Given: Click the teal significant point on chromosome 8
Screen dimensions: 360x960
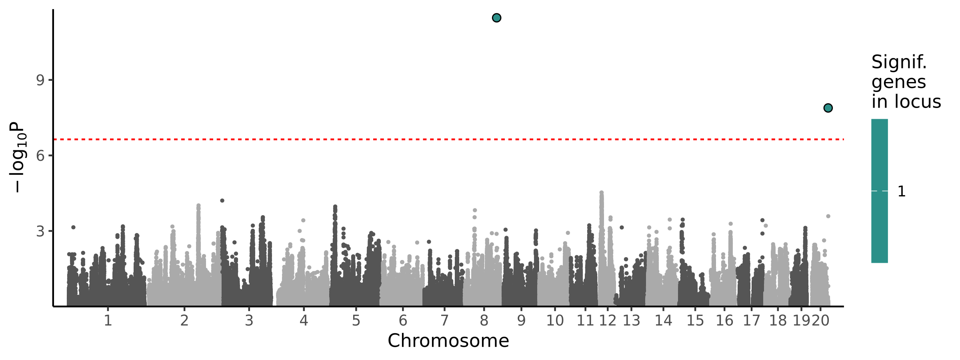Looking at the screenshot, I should click(496, 18).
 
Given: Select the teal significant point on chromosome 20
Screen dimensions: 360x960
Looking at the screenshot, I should click(828, 108).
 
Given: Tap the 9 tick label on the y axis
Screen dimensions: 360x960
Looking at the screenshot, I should click(40, 81).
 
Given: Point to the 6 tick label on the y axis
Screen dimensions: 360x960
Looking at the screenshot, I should click(40, 156).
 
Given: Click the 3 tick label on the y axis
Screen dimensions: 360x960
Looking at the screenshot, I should click(40, 231).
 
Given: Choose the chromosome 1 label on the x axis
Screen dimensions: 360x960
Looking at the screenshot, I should click(108, 321).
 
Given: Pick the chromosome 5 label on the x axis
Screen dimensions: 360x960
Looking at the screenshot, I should click(356, 321).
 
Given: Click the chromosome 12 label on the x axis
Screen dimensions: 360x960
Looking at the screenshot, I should click(608, 321).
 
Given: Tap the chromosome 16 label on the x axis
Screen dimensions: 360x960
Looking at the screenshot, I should click(724, 321).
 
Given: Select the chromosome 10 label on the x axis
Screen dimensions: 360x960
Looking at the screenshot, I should click(555, 321).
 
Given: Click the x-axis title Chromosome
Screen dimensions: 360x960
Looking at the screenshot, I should click(448, 341).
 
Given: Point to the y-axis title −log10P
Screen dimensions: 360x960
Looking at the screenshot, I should click(18, 157).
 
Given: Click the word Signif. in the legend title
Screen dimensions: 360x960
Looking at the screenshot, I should click(899, 62).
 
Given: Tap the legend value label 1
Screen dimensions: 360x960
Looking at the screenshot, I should click(902, 192).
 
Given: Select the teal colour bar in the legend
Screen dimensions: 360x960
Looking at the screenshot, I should click(880, 191).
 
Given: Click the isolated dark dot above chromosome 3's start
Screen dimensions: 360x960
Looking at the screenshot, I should click(222, 201).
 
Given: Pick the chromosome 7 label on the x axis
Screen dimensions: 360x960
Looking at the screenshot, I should click(444, 321).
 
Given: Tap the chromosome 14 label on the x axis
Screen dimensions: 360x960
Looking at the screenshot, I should click(663, 321).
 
